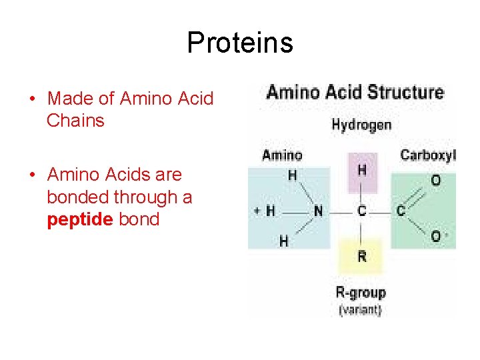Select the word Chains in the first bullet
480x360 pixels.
click(75, 121)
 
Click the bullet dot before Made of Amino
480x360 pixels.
click(33, 99)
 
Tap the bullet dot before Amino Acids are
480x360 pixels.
click(33, 175)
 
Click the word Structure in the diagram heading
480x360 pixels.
click(403, 92)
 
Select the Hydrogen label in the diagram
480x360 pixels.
click(361, 125)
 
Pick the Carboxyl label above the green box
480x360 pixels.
click(427, 155)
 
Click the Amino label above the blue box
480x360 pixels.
click(282, 155)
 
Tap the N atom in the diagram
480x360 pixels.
click(319, 211)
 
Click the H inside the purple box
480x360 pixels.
click(362, 171)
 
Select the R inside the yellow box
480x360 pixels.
click(362, 257)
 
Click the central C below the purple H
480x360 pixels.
click(362, 211)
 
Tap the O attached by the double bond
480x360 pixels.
click(435, 181)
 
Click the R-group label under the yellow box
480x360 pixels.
click(361, 293)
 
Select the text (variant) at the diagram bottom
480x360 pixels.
click(361, 309)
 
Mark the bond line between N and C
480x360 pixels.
click(340, 211)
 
